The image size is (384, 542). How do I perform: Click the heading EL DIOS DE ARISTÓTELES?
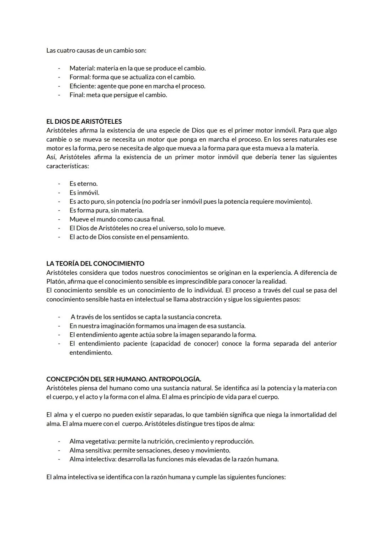(84, 122)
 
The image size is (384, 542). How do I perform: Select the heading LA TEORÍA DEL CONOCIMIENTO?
(95, 264)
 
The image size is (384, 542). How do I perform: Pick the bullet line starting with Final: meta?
(118, 95)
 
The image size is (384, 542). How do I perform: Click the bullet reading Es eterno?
(84, 184)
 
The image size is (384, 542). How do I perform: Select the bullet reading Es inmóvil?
(84, 193)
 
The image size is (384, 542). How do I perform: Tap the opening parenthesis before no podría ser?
(143, 202)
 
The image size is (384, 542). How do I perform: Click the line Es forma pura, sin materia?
(106, 210)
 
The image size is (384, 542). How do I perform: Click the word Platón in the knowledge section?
(55, 281)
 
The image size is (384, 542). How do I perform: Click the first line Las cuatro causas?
(96, 50)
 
